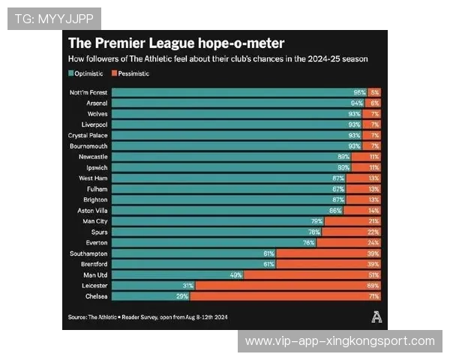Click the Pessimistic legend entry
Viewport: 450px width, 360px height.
coord(130,73)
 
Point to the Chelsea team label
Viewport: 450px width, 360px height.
coord(95,296)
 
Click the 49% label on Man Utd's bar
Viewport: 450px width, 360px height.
coord(235,275)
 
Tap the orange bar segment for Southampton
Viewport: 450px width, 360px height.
coord(328,253)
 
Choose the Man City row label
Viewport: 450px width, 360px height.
coord(94,221)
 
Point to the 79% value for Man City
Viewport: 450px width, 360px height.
coord(317,221)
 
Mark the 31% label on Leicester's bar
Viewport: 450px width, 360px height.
coord(188,286)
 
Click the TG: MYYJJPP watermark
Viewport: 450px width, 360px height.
coord(53,18)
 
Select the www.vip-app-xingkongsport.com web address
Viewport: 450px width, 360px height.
coord(340,341)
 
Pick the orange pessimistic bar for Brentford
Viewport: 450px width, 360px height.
coord(328,264)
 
